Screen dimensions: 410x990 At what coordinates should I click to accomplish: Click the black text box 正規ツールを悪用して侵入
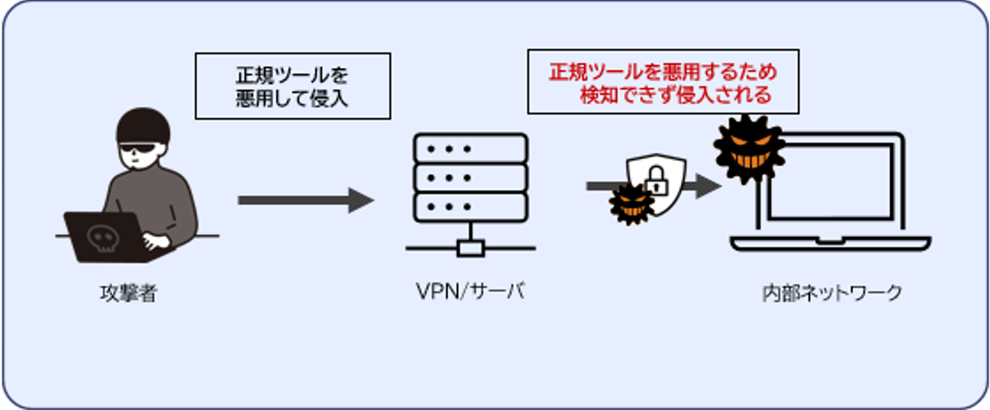tap(292, 86)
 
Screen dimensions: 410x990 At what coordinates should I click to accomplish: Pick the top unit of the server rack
tap(470, 148)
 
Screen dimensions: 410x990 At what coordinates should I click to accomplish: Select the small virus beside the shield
tap(632, 205)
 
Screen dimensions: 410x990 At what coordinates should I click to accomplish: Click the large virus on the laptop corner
tap(748, 148)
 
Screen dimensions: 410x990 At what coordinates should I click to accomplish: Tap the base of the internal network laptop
tap(831, 244)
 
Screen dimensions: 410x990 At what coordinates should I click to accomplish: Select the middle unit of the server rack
tap(470, 177)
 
